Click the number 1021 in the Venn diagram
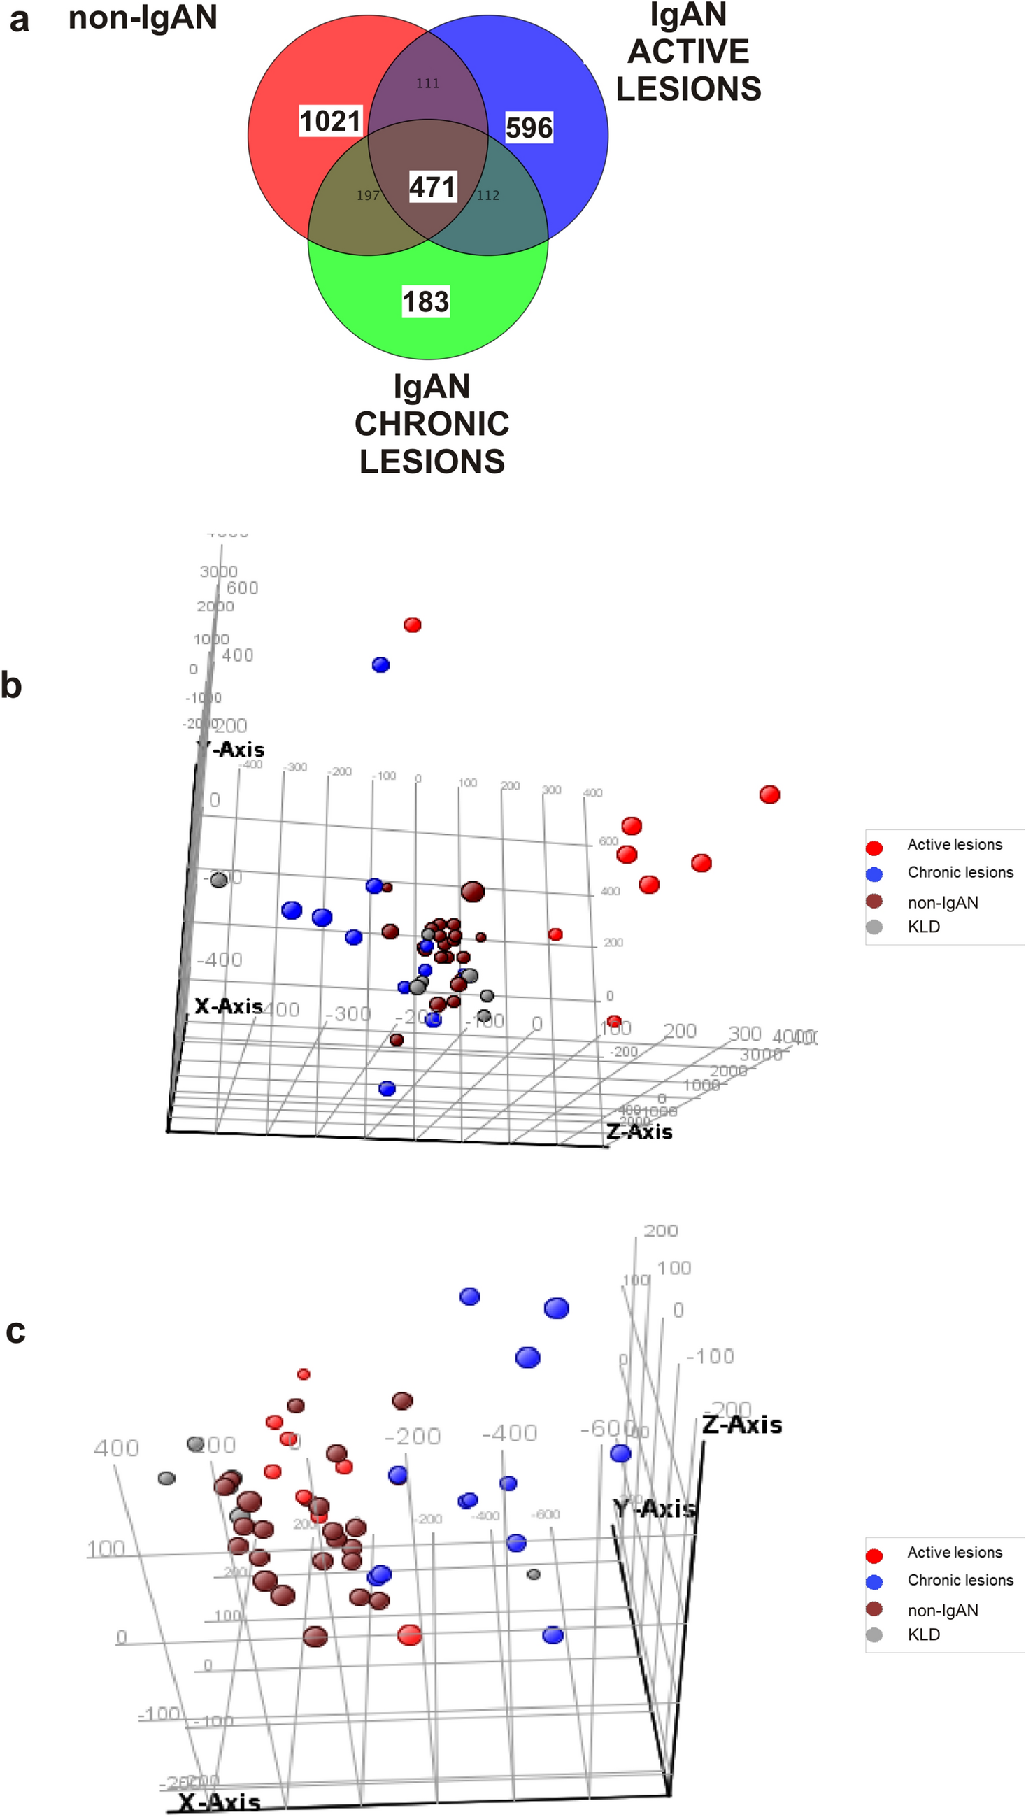tap(330, 120)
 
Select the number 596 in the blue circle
tap(529, 128)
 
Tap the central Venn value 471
tap(433, 187)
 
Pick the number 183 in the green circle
tap(426, 301)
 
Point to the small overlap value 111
tap(427, 83)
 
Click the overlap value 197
tap(368, 195)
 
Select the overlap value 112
tap(488, 195)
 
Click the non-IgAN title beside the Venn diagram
tap(143, 17)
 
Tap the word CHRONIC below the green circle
tap(432, 424)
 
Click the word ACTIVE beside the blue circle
tap(688, 52)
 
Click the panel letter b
tap(11, 685)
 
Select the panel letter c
tap(15, 1330)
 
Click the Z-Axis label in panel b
tap(639, 1132)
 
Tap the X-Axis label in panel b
tap(229, 1006)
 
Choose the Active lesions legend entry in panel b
tap(954, 844)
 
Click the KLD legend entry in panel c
tap(923, 1634)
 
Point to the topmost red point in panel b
tap(413, 625)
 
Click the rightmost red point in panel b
tap(769, 795)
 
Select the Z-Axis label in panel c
tap(742, 1424)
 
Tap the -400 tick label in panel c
tap(509, 1432)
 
